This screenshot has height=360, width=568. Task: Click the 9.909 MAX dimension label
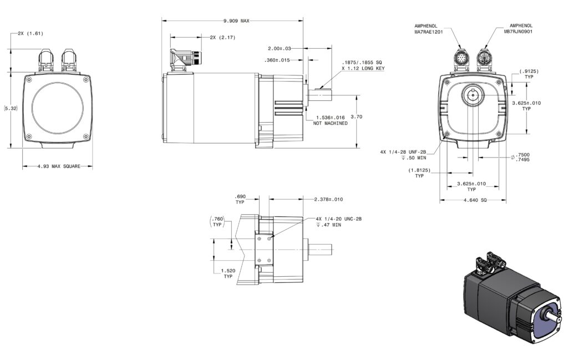click(x=236, y=21)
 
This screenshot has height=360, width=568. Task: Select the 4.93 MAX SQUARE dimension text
click(x=59, y=166)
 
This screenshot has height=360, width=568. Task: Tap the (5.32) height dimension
click(x=11, y=108)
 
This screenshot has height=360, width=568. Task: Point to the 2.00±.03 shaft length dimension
click(x=280, y=48)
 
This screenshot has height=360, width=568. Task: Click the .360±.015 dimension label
click(x=277, y=60)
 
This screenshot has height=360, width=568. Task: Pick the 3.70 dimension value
click(x=357, y=116)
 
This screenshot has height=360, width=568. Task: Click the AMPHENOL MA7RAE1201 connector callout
click(x=429, y=29)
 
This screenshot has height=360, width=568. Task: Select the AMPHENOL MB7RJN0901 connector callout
click(x=519, y=29)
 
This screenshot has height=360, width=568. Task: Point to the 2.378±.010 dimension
click(x=328, y=199)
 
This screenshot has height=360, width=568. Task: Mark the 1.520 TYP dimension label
click(x=228, y=273)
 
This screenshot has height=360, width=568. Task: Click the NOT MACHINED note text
click(x=331, y=123)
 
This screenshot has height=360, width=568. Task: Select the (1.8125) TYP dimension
click(x=419, y=173)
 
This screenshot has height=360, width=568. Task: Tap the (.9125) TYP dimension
click(x=529, y=74)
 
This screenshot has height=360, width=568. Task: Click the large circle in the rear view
click(x=58, y=108)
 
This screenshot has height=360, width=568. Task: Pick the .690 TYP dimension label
click(x=240, y=199)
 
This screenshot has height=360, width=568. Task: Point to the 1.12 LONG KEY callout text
click(x=363, y=68)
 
